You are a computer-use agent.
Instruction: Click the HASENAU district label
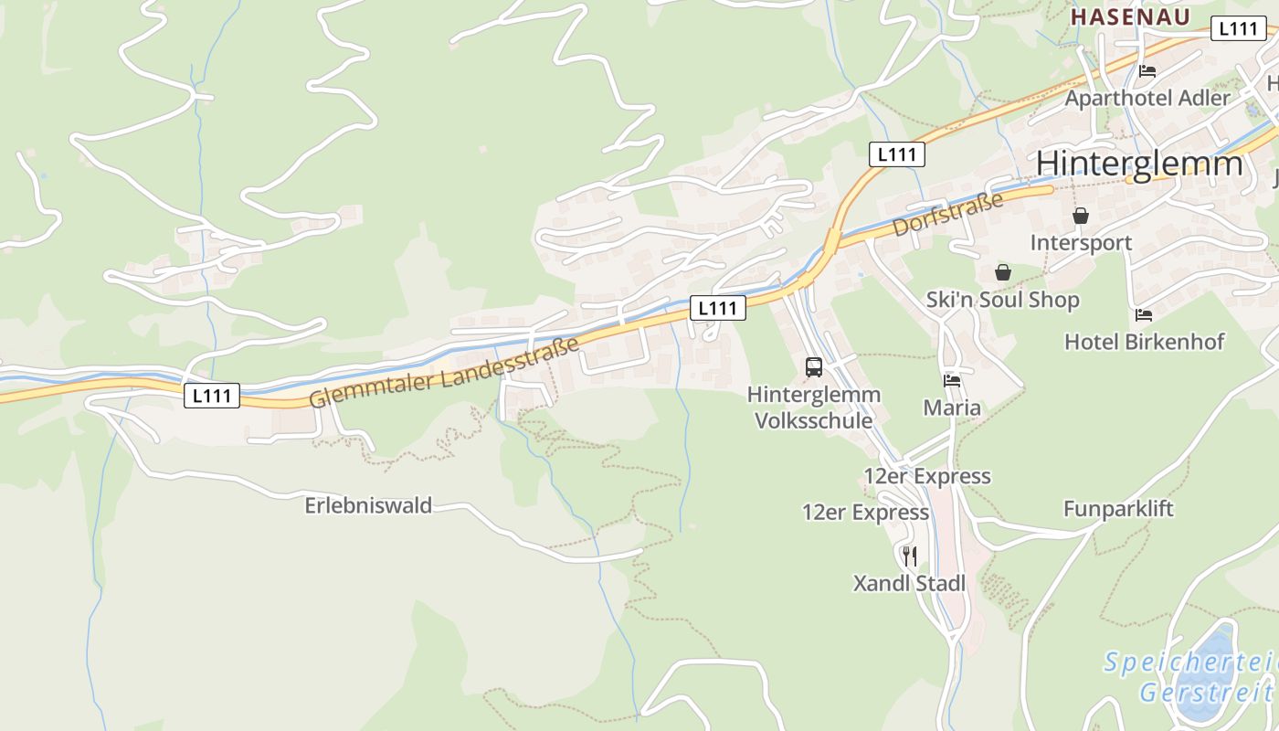1130,16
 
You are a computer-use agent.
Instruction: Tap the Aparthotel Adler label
1147,97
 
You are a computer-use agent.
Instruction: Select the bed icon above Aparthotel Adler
1147,71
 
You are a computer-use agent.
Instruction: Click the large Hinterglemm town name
1139,164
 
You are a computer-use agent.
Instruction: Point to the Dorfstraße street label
947,214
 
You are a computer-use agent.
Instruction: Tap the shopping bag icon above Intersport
1081,216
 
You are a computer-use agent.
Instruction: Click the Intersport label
1081,242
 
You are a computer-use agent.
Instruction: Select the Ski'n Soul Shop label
1002,300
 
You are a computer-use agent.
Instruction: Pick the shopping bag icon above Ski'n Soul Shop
1003,272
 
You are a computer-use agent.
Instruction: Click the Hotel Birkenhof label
1144,342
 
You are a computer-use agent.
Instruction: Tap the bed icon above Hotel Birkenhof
1144,315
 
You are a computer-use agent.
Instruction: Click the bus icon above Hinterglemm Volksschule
813,367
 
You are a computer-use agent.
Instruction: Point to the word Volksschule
813,421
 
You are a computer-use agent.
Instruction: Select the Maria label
952,407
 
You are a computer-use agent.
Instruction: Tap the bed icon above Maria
952,380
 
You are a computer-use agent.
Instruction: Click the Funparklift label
1118,509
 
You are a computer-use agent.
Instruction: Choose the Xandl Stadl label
909,583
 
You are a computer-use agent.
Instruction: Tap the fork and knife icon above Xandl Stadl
909,556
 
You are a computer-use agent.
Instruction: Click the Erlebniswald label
368,505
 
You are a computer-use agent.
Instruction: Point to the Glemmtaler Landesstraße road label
444,373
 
